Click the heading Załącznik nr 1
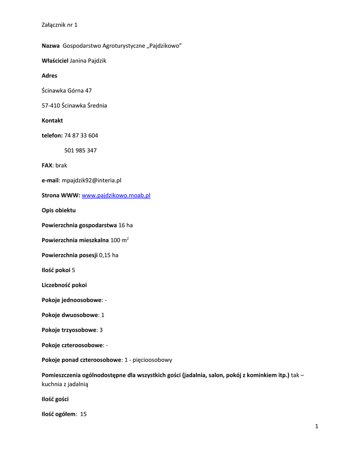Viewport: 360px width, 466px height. click(59, 25)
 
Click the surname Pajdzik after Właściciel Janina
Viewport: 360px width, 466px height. click(96, 61)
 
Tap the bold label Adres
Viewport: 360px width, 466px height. click(50, 76)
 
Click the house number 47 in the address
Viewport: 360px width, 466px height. click(88, 91)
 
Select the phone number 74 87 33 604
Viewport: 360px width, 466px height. click(81, 136)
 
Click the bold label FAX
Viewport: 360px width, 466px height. click(47, 166)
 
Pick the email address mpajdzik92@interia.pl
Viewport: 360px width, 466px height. click(91, 181)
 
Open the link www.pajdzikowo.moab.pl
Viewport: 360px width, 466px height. click(116, 196)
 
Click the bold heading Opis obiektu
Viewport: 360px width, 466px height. click(59, 211)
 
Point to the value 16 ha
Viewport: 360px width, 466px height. click(126, 226)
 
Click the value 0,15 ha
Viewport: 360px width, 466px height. click(108, 255)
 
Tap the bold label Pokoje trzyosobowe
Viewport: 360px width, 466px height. click(69, 330)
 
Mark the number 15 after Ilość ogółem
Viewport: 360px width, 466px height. click(83, 414)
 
